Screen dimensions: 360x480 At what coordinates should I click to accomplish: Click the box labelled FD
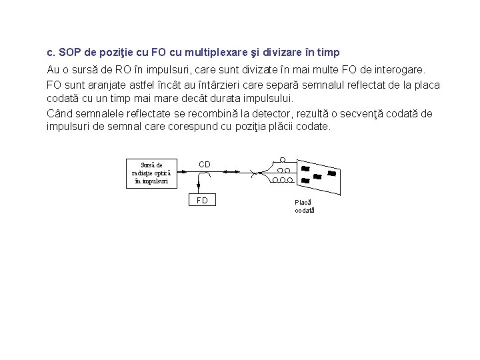pyautogui.click(x=202, y=201)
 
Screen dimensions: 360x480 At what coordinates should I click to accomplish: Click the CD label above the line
pyautogui.click(x=205, y=164)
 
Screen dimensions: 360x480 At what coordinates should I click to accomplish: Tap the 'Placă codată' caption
pyautogui.click(x=304, y=206)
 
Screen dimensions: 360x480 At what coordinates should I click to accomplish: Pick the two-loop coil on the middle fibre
pyautogui.click(x=283, y=170)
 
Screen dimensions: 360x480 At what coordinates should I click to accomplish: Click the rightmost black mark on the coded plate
pyautogui.click(x=331, y=173)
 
